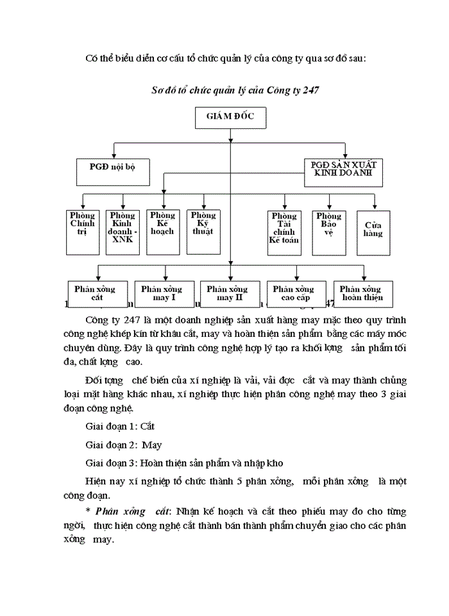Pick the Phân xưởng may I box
(x=162, y=293)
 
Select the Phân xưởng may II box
(x=230, y=293)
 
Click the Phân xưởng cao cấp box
(x=296, y=293)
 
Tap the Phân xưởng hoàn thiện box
(x=361, y=293)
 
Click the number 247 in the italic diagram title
(x=310, y=90)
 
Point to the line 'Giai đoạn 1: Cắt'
(x=120, y=425)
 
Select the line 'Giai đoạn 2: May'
(x=123, y=444)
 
